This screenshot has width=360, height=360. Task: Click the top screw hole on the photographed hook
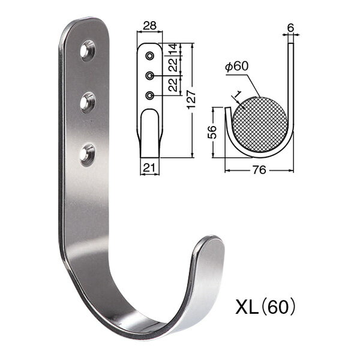pos(88,50)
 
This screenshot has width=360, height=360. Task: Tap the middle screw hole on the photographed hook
pos(88,103)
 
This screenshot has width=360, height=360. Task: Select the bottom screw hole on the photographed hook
pos(88,155)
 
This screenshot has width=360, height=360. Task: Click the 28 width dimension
pos(149,25)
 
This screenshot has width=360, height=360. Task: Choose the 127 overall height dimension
pos(191,100)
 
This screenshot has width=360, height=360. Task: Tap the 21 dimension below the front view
pos(149,167)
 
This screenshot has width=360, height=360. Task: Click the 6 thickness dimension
pos(290,28)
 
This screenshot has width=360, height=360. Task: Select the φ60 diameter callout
pos(237,67)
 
